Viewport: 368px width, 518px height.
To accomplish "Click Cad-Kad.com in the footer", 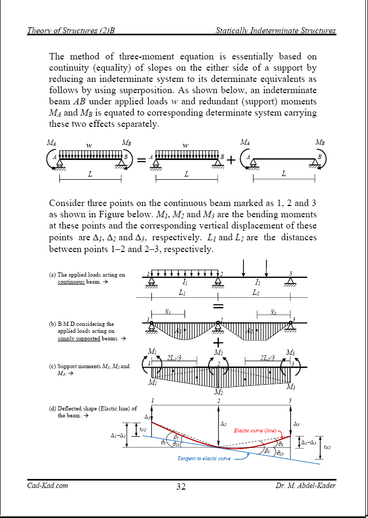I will click(x=48, y=486).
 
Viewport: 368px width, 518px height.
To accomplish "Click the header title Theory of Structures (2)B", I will click(x=71, y=31).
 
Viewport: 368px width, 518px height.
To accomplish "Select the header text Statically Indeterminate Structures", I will click(x=275, y=31).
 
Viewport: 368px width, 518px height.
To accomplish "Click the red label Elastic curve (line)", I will click(x=255, y=430).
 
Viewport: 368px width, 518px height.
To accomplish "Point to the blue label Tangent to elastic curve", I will click(x=204, y=459).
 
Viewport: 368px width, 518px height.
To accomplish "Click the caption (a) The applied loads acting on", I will click(x=87, y=275).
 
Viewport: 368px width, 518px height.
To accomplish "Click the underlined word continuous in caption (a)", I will click(x=71, y=282).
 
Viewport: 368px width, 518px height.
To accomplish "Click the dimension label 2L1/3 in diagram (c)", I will click(x=174, y=358).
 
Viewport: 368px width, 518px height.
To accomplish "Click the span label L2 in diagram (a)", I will click(x=256, y=293).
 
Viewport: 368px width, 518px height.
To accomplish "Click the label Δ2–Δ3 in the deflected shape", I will click(x=309, y=443).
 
